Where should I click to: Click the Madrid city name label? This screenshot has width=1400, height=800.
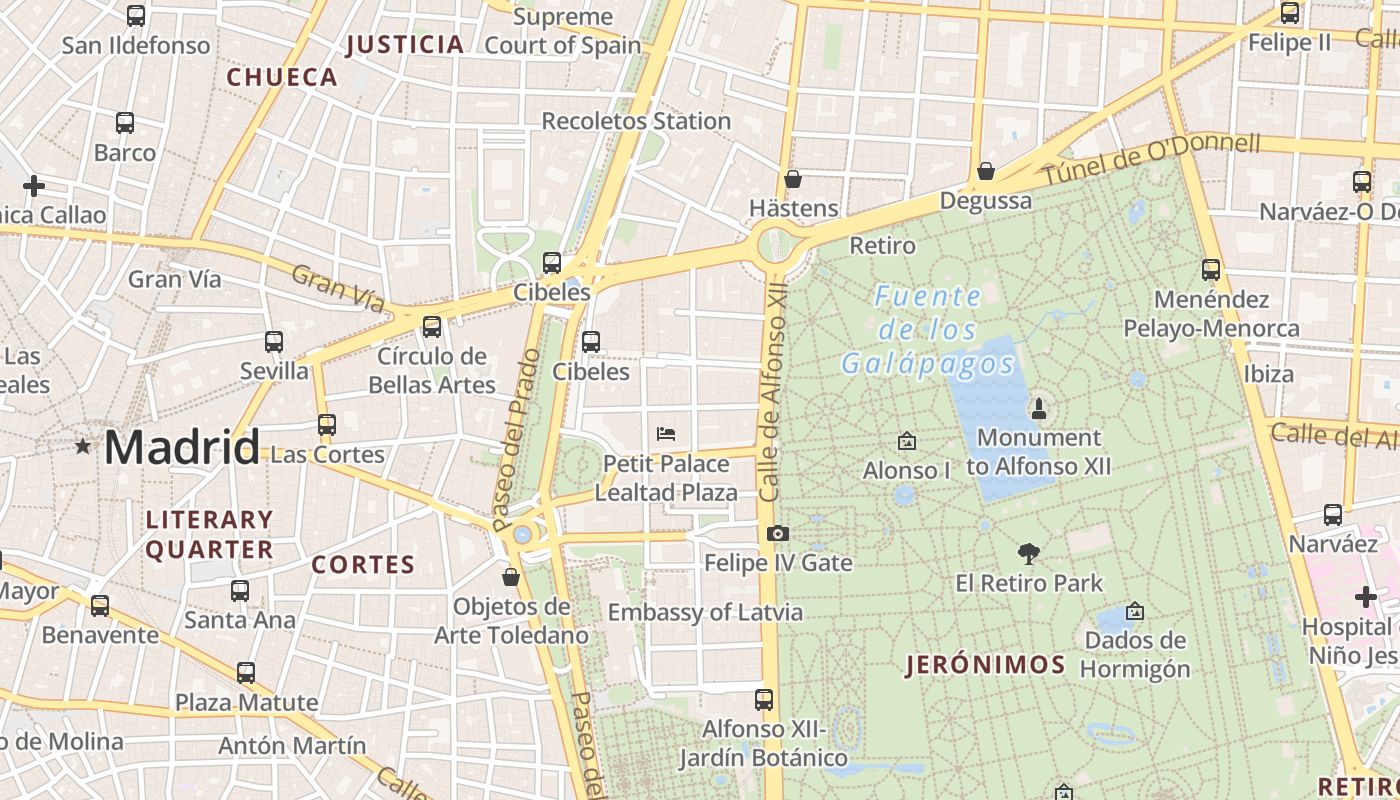[181, 447]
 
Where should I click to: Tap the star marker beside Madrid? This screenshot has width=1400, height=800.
[82, 446]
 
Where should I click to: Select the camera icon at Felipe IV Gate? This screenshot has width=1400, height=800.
[778, 534]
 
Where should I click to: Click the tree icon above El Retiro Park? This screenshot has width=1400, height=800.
[1028, 553]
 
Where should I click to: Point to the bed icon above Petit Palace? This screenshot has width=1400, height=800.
[666, 434]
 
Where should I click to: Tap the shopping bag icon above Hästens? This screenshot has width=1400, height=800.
[793, 179]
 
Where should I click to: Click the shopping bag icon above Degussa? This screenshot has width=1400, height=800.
[986, 171]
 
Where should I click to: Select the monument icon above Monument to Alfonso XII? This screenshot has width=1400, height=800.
[1039, 408]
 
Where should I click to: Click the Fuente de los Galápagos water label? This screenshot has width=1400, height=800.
[928, 330]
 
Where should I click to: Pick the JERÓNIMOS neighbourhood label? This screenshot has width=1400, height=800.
[985, 665]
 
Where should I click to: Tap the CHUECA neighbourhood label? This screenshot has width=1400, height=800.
[282, 77]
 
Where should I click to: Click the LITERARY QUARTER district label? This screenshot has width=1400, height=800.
[210, 534]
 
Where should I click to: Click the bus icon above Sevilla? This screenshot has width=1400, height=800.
[274, 342]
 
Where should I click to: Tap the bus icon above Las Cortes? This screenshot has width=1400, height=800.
[327, 424]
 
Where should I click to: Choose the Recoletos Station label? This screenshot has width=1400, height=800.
[636, 121]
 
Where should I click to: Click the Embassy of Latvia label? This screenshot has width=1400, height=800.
[705, 612]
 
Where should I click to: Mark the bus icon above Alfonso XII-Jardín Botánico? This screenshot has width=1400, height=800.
[764, 699]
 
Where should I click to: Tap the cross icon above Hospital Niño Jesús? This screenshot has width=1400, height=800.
[1366, 598]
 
